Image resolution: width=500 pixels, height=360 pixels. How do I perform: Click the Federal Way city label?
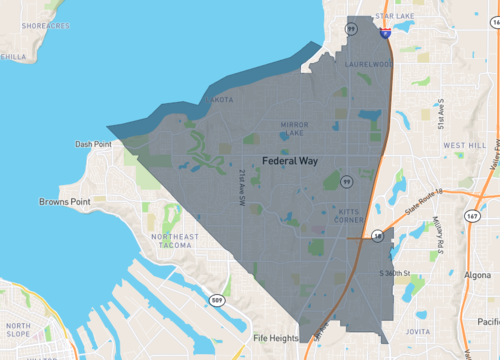click(292, 160)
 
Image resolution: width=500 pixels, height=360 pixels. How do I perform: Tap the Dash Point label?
click(93, 144)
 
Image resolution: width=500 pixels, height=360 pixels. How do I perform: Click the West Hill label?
click(464, 145)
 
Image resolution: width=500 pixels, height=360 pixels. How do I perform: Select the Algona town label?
click(478, 274)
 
